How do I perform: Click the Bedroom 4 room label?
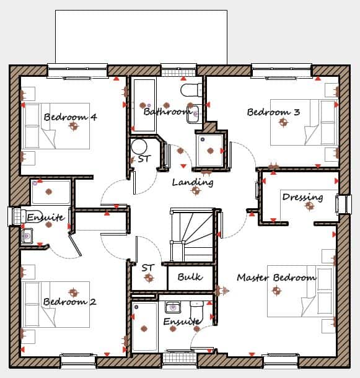(x=70, y=116)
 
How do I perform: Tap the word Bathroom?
(x=167, y=112)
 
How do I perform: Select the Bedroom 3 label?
(x=273, y=112)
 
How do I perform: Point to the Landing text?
(x=193, y=182)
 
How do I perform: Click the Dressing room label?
(x=302, y=197)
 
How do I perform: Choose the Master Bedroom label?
(x=276, y=278)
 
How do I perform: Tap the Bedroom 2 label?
(x=69, y=302)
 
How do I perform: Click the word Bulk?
(x=190, y=277)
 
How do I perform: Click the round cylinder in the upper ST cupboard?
(x=139, y=147)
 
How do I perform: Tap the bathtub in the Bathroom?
(x=144, y=105)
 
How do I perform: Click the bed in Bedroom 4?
(x=56, y=126)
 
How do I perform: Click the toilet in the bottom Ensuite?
(x=197, y=308)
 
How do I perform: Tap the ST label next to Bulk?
(x=147, y=268)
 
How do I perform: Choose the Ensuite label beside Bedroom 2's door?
(x=45, y=218)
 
